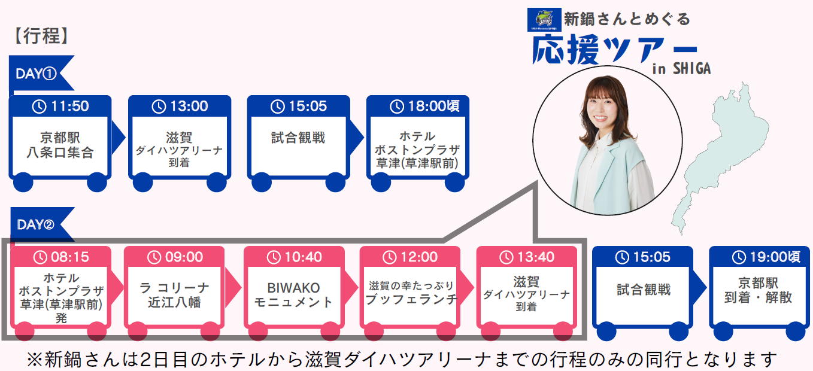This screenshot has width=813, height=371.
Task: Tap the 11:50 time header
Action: coord(60,107)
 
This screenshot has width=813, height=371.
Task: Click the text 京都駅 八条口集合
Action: coord(60,144)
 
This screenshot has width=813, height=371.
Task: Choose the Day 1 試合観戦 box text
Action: coord(298,138)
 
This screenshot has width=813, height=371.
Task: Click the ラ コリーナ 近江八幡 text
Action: coord(174,295)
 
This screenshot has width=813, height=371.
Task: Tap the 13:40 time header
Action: coord(526,257)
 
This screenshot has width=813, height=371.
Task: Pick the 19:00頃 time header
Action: coord(759,257)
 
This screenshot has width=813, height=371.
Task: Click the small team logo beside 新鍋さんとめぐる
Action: coord(544,20)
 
